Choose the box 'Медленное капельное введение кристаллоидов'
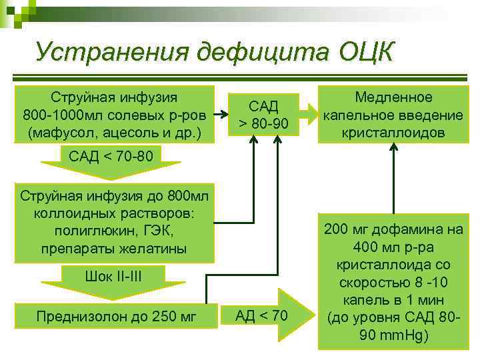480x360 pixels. (393, 114)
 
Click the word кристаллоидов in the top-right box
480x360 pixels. (393, 131)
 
